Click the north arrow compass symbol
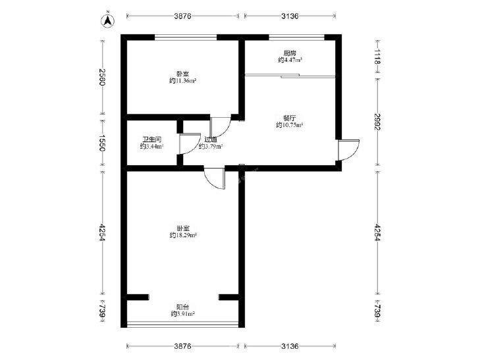[107, 20]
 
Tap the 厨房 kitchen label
[290, 53]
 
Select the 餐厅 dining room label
[289, 118]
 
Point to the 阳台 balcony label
[183, 307]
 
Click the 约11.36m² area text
[183, 81]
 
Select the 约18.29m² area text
[183, 235]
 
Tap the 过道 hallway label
[211, 140]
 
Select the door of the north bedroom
[221, 126]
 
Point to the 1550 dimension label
[102, 143]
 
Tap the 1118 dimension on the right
[377, 57]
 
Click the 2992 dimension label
[377, 122]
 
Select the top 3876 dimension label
[183, 16]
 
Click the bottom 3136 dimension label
[290, 346]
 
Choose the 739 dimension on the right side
[377, 311]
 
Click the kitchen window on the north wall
[296, 38]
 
